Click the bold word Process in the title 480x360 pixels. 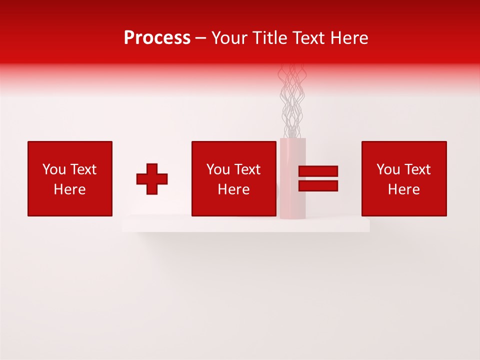pos(157,38)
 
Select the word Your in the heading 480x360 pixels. pos(230,38)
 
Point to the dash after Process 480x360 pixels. pos(201,38)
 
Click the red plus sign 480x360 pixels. pos(152,179)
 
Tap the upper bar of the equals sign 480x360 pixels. pos(318,171)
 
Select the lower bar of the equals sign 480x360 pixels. pos(318,186)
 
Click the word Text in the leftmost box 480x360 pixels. pos(83,169)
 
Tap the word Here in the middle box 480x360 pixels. pos(234,189)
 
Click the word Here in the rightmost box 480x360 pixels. pos(404,189)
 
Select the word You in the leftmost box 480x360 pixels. pos(54,169)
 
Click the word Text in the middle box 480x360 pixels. pos(247,169)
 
